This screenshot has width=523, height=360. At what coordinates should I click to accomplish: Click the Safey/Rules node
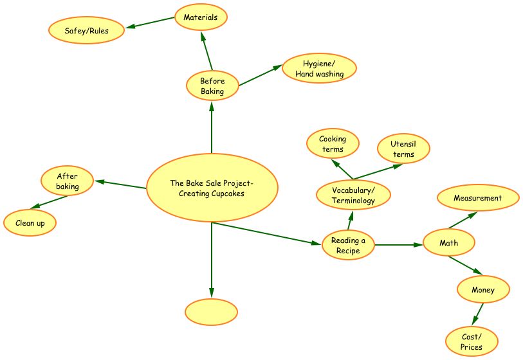(x=87, y=31)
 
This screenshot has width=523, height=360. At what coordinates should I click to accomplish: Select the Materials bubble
(x=201, y=17)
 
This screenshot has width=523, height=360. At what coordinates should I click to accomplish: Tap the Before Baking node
(x=212, y=86)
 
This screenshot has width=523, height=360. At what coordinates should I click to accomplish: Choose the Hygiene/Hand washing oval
(x=319, y=68)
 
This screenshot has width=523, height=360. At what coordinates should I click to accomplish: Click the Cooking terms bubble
(x=333, y=144)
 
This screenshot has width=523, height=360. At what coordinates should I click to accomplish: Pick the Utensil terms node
(x=403, y=149)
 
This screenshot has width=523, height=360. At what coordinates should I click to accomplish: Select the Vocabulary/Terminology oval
(x=353, y=195)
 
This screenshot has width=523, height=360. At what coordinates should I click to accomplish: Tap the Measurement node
(x=478, y=198)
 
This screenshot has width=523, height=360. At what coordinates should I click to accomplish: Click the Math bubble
(x=449, y=243)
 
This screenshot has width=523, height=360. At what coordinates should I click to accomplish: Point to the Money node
(x=483, y=290)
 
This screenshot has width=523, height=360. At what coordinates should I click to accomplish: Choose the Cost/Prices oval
(x=472, y=342)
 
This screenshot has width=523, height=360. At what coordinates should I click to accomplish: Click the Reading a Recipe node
(x=348, y=245)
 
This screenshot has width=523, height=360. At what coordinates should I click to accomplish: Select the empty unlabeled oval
(x=211, y=312)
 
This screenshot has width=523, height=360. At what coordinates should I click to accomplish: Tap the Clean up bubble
(x=30, y=223)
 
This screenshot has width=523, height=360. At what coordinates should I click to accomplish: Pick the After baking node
(x=68, y=181)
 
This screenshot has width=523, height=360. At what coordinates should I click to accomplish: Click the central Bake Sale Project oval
(x=212, y=188)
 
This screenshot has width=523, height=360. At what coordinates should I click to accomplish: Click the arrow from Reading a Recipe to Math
(x=399, y=245)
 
